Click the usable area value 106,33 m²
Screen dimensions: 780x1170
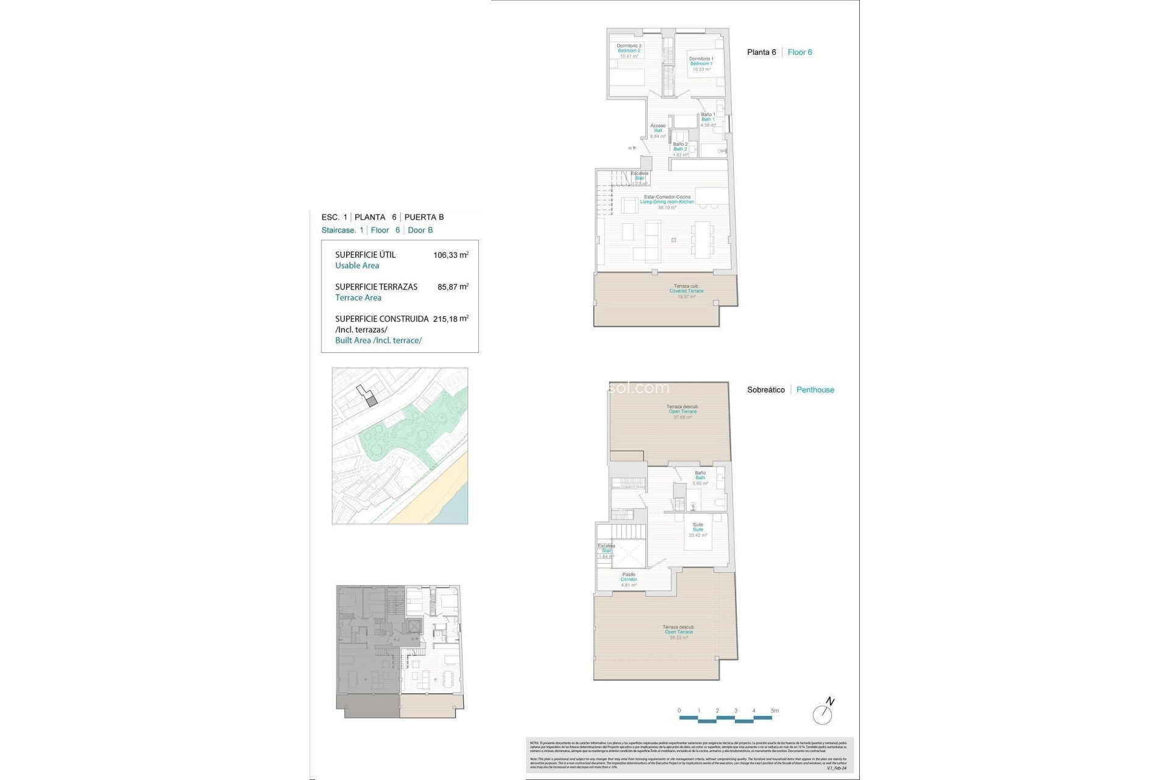coord(450,255)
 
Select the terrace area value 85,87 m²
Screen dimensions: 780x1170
coord(453,287)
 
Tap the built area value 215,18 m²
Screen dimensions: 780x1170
coord(450,319)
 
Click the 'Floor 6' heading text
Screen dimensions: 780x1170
coord(799,52)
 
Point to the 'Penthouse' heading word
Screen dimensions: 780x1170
coord(815,390)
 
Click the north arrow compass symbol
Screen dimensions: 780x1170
coord(823,712)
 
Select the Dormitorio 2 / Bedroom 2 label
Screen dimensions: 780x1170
coord(629,51)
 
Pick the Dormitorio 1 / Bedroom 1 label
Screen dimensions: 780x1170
coord(701,63)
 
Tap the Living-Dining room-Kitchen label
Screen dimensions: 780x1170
coord(667,202)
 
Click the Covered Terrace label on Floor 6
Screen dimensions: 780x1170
coord(686,291)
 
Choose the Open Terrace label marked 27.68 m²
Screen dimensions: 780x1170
coord(682,411)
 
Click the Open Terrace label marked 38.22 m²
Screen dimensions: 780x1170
coord(678,632)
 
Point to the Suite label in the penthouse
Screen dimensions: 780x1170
coord(698,530)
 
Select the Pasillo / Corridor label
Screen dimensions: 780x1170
coord(629,580)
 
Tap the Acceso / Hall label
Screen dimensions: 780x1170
coord(658,130)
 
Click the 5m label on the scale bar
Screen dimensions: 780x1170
coord(775,711)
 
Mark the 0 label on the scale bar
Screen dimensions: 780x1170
coord(679,711)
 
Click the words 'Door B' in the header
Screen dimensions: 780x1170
coord(420,230)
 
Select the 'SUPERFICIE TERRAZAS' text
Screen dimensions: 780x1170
coord(376,287)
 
